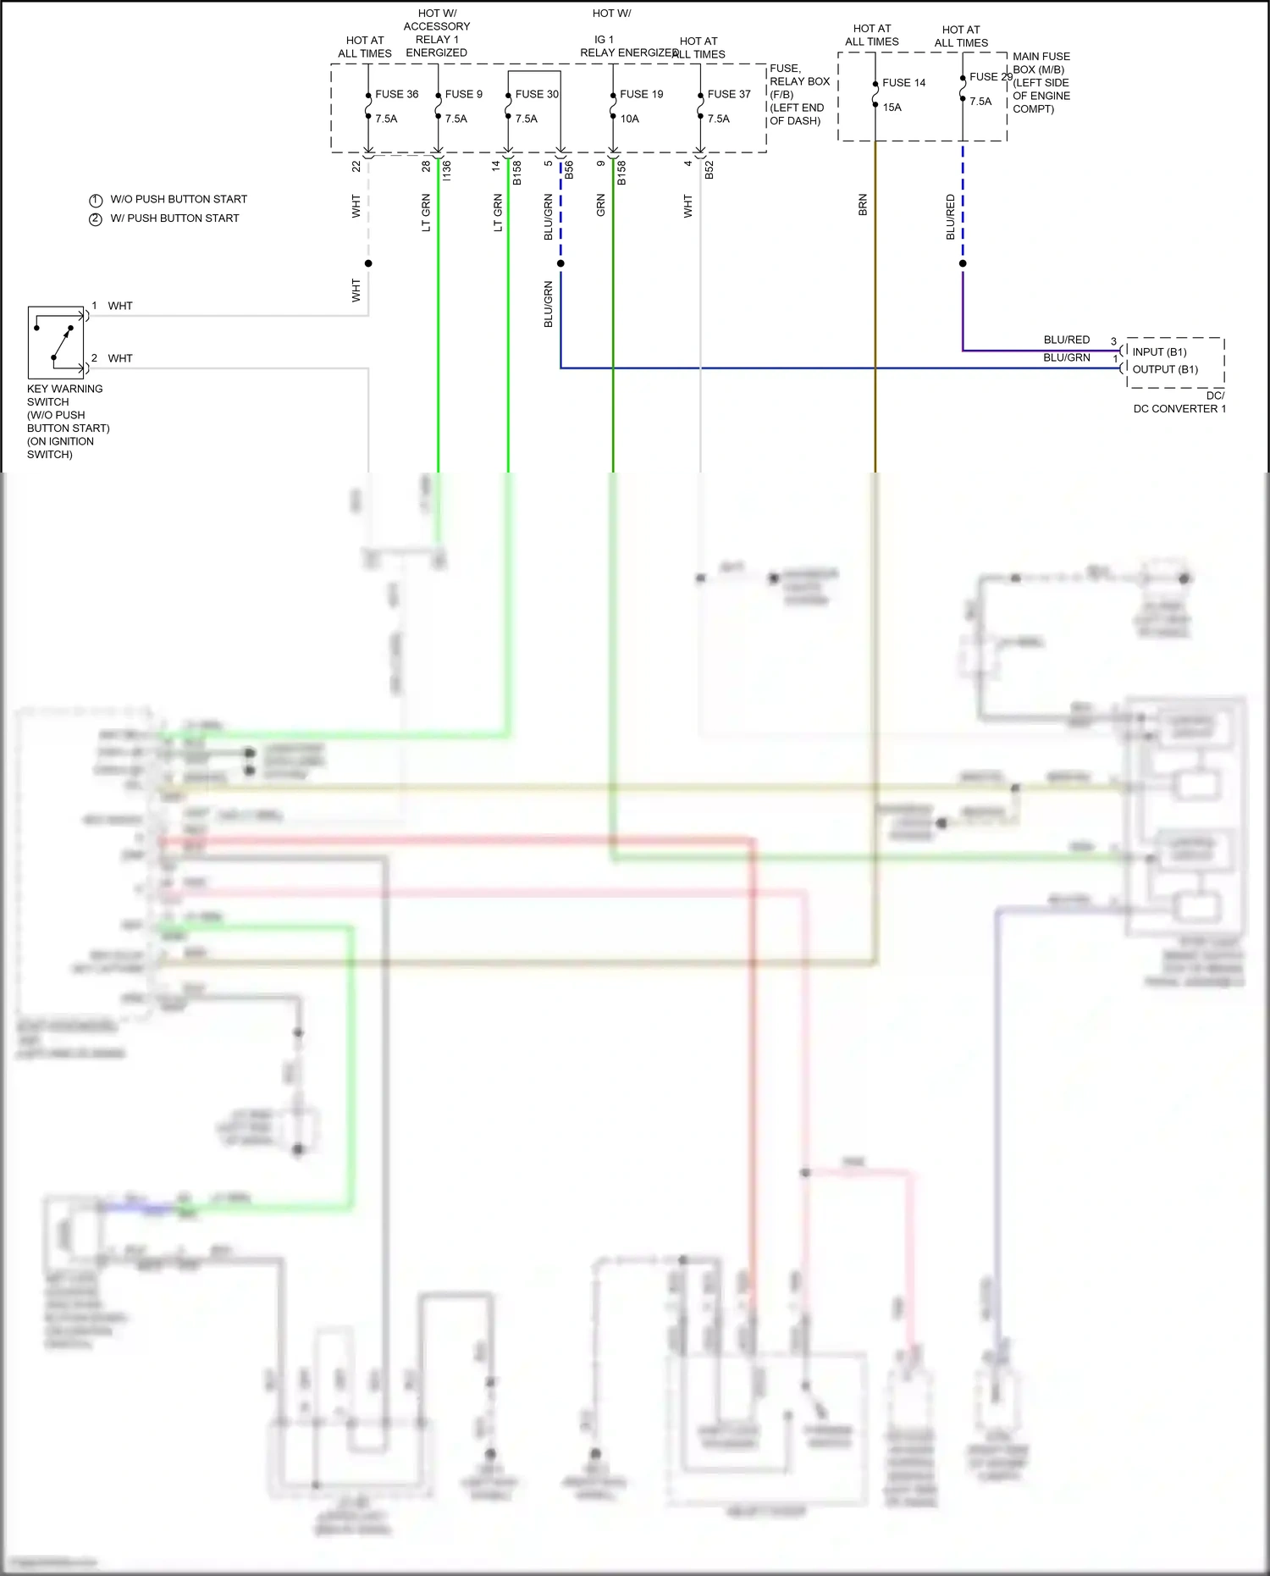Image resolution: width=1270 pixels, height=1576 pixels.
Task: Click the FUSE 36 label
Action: [396, 94]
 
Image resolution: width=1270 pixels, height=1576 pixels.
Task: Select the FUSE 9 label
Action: [463, 94]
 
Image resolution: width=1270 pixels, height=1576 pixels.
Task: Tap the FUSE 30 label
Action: [537, 94]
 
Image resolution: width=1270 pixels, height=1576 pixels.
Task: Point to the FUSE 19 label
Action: [641, 94]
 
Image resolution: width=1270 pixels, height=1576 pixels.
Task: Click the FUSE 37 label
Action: [728, 94]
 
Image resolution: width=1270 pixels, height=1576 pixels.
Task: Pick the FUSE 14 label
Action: [903, 82]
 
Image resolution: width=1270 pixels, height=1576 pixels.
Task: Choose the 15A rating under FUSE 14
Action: [892, 108]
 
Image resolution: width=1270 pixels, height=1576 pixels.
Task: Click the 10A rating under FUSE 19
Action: [629, 119]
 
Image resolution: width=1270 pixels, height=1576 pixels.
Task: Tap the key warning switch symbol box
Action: [56, 342]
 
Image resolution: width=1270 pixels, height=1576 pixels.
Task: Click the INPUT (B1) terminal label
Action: [1159, 351]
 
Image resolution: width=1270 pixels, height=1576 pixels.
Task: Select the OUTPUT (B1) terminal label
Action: [1165, 369]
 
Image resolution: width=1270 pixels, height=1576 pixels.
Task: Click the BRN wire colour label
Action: [863, 205]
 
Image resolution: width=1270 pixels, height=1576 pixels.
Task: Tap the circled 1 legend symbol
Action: [96, 201]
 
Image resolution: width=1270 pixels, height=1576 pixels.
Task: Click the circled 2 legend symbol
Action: [96, 219]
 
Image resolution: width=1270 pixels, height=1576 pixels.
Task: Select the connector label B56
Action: [569, 169]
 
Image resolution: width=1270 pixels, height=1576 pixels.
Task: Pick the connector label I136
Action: [447, 169]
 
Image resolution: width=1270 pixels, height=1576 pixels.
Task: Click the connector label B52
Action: [710, 169]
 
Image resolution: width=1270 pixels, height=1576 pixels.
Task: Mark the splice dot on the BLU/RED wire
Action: [963, 263]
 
